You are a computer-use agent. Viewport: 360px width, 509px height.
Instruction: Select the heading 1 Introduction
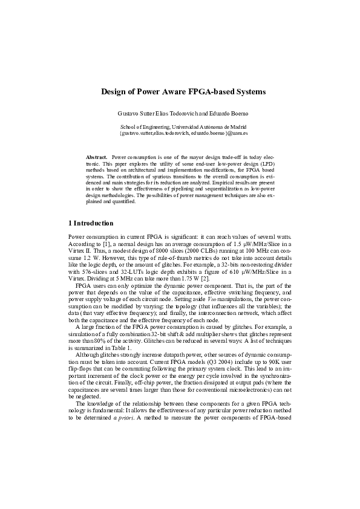(90, 223)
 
